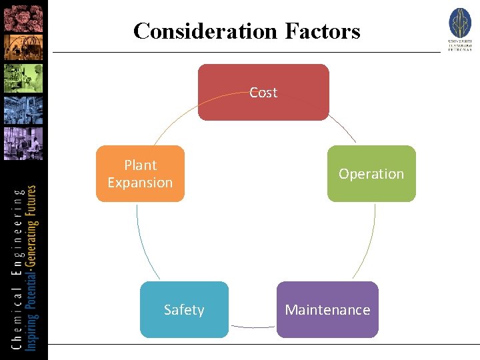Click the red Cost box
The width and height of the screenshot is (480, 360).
point(263,92)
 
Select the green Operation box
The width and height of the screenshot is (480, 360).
point(371,173)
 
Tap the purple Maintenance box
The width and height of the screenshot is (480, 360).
point(327,309)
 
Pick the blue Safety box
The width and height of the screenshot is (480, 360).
point(184,309)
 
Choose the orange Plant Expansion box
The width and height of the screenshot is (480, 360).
point(140,173)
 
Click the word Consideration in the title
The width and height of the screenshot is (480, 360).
point(205,31)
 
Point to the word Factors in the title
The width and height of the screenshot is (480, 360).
point(323,31)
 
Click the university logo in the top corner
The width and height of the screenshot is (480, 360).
point(460,29)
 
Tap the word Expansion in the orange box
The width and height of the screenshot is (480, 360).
point(140,183)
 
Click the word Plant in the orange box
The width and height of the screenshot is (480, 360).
point(140,165)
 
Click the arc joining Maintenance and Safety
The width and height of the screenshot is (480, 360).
point(252,327)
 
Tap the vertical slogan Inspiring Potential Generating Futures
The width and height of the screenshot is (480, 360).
point(32,267)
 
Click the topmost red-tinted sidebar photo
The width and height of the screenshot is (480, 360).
point(23,17)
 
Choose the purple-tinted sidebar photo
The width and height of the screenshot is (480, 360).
point(23,143)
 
